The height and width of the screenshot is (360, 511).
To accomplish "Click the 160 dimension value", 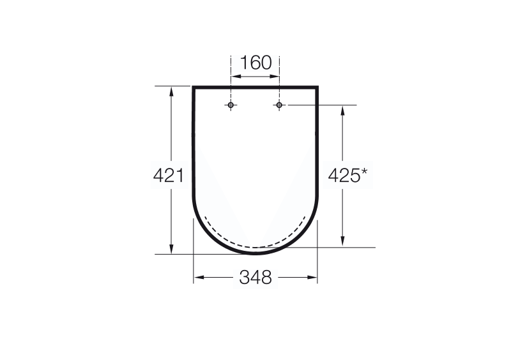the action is pyautogui.click(x=256, y=63).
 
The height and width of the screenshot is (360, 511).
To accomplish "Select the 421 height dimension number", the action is pyautogui.click(x=169, y=176).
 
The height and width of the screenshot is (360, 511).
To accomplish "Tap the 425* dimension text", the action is pyautogui.click(x=347, y=176).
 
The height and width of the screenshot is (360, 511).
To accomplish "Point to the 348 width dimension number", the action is pyautogui.click(x=256, y=278).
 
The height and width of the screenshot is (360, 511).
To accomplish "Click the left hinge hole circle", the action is pyautogui.click(x=231, y=105).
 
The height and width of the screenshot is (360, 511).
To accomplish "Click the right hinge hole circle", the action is pyautogui.click(x=279, y=105).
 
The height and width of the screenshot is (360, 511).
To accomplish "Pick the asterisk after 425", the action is pyautogui.click(x=363, y=171).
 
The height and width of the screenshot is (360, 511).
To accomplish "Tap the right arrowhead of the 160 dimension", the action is pyautogui.click(x=275, y=77).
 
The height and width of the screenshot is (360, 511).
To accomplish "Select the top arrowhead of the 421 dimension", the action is pyautogui.click(x=171, y=91).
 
